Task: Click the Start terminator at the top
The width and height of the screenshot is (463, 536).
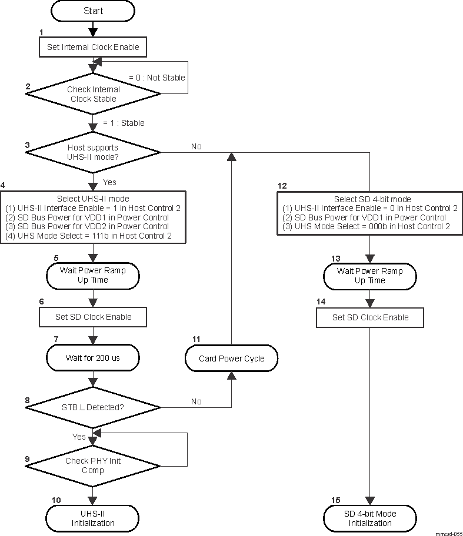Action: [93, 11]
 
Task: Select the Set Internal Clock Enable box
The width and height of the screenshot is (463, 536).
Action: [93, 47]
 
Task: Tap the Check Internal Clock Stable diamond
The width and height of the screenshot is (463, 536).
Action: [93, 94]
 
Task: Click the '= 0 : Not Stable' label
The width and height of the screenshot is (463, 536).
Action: [156, 78]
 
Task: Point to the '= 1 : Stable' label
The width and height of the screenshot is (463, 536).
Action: [124, 123]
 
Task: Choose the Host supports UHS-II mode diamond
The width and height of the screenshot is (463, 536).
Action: [93, 152]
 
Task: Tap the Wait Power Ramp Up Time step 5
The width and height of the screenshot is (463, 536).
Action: [93, 275]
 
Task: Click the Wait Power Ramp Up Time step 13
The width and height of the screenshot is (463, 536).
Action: [369, 276]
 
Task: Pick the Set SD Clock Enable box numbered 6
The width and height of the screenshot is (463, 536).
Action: [93, 317]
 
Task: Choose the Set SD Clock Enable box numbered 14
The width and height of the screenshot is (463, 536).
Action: [369, 317]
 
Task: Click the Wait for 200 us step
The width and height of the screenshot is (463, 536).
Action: [93, 357]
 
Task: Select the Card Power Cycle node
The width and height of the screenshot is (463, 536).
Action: [231, 359]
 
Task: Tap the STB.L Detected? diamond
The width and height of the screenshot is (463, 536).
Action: [93, 407]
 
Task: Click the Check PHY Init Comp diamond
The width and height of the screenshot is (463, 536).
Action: [93, 465]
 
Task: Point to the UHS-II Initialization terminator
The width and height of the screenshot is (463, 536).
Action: [93, 518]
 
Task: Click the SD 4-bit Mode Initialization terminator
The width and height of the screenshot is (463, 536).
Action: [369, 518]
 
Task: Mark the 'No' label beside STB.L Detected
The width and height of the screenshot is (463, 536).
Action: [196, 401]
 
